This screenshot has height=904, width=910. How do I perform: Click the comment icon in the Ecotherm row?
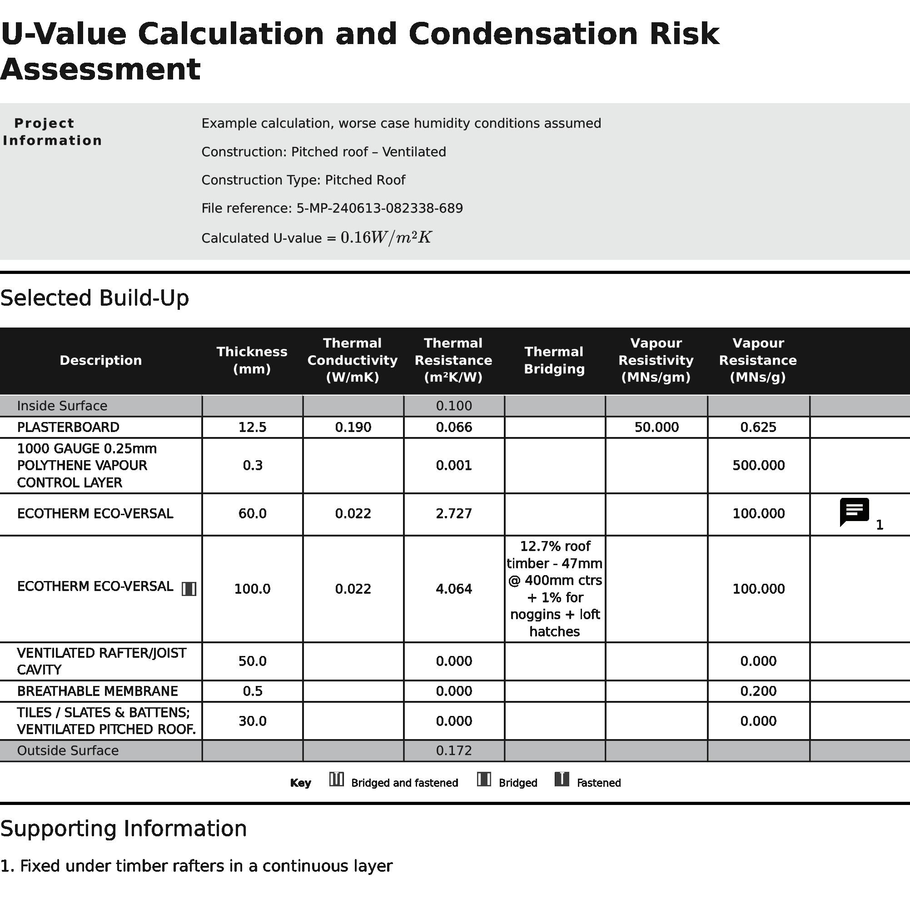(x=854, y=512)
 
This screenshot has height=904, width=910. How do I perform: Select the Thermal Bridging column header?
(x=554, y=360)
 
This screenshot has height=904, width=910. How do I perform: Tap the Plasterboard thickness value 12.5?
(x=252, y=427)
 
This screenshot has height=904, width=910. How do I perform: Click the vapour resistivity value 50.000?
(x=656, y=427)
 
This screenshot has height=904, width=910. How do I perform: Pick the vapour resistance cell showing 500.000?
(x=758, y=466)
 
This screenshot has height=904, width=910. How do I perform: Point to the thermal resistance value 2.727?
(x=453, y=513)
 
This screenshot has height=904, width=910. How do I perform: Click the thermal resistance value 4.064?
(x=453, y=589)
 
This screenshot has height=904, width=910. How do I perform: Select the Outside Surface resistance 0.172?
(x=453, y=750)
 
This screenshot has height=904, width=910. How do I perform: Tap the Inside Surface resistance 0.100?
(x=453, y=406)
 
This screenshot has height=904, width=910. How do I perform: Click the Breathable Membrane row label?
(x=98, y=691)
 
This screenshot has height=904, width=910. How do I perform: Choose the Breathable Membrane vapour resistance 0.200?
(x=758, y=691)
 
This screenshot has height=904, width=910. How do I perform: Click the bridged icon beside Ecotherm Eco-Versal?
(x=189, y=589)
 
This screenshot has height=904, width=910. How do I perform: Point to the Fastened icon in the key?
(x=562, y=780)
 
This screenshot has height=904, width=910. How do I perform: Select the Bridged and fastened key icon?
(x=336, y=780)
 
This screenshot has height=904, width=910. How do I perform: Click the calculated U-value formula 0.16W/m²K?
(x=386, y=238)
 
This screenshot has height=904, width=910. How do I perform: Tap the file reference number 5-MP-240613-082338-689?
(x=379, y=208)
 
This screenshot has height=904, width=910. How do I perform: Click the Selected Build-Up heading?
(x=94, y=298)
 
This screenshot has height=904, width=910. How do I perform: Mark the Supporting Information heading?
(x=124, y=829)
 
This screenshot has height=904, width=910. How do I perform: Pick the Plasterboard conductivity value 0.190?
(x=353, y=427)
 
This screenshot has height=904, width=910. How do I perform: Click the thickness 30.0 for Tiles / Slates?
(x=252, y=721)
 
